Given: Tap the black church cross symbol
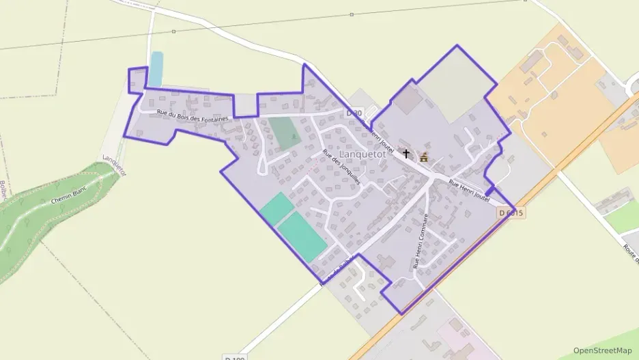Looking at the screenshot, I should pos(407,154).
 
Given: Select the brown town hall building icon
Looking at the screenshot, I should pos(423,158).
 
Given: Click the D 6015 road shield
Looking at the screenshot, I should pos(511,213).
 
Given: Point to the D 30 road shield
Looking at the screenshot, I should pos(354,113).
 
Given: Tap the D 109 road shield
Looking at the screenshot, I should pos(234,357).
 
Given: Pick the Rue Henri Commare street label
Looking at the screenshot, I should pos(419,240).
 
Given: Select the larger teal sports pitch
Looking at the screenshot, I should pos(302,236).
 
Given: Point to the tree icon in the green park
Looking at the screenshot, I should pos(294,137).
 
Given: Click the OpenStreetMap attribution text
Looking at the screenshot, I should pos(602,350).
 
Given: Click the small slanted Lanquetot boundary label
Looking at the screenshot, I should pos(114,165).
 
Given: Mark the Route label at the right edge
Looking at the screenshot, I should pos(630,253).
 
